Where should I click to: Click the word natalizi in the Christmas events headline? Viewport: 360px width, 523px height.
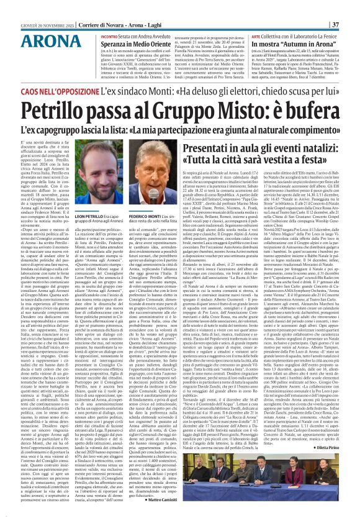(x=314, y=147)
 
